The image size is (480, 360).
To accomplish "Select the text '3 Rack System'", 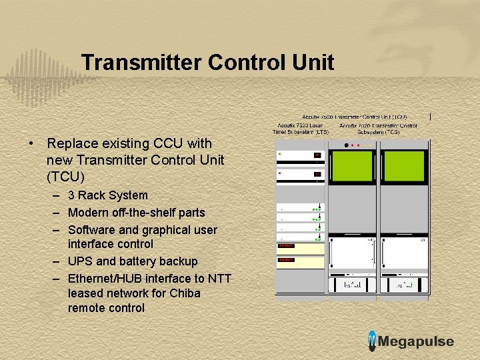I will (x=107, y=195).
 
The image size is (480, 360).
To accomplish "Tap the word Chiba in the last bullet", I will (x=185, y=293).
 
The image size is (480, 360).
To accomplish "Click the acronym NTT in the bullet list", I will (x=219, y=279).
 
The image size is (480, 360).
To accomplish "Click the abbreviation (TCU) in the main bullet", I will (x=65, y=177).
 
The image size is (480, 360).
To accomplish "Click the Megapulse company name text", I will (x=416, y=341).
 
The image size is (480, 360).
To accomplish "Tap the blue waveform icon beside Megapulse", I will (x=372, y=341).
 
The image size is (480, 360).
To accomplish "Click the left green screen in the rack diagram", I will (x=353, y=167).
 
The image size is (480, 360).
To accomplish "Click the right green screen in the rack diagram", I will (x=403, y=167).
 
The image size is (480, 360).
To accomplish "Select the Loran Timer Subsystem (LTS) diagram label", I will (x=301, y=129).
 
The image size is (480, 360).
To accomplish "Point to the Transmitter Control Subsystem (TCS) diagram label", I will (x=378, y=129).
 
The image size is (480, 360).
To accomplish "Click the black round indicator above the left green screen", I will (x=345, y=145).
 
